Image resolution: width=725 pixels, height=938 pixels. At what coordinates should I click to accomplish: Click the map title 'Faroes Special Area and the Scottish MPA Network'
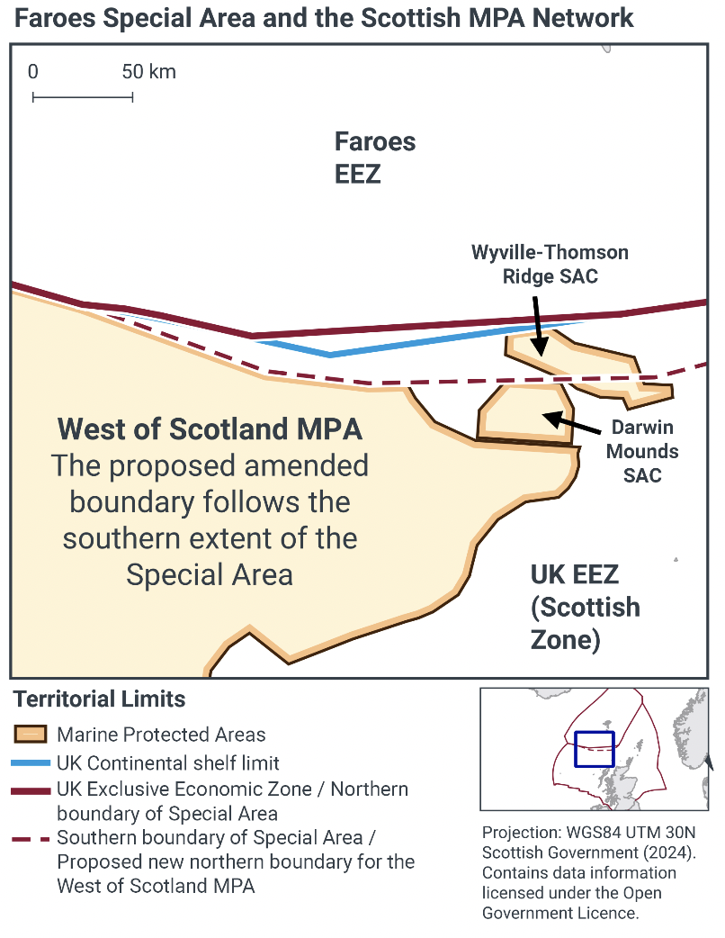325,17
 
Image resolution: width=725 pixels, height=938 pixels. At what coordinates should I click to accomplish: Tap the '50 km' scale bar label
149,72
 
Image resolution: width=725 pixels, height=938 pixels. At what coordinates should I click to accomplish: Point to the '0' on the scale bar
32,72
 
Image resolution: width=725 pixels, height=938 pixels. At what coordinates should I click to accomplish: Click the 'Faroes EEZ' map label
374,157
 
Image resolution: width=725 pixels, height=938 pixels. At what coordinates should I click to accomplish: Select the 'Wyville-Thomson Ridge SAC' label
550,264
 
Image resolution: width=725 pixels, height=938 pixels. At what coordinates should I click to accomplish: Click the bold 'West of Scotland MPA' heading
210,428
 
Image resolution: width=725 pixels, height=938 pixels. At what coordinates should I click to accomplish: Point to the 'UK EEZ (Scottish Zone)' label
585,607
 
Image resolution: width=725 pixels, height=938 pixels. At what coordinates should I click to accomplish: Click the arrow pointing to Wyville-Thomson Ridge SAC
536,324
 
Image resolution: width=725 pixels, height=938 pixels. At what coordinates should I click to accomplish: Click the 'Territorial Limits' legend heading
99,699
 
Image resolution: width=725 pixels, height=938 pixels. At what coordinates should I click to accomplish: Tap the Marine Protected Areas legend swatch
30,735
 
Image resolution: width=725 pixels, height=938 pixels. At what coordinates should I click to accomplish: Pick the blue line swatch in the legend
30,763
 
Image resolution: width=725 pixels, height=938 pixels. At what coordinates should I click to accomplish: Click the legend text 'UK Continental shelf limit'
168,763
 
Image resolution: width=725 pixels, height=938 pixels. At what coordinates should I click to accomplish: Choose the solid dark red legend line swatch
30,790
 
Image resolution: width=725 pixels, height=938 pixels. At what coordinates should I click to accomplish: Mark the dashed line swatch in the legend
30,838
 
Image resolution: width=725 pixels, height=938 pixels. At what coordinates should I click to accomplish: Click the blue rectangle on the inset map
594,749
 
